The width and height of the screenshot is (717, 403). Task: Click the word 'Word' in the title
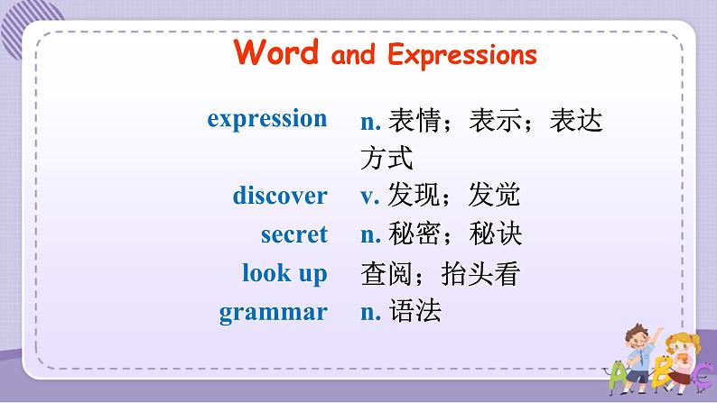275,52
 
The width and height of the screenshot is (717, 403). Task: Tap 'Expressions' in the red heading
461,56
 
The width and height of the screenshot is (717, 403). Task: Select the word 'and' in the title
353,55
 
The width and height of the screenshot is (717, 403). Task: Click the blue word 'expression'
267,120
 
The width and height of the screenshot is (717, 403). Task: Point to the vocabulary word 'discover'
280,196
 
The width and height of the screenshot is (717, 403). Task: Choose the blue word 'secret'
294,234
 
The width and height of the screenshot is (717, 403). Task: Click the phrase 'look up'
284,274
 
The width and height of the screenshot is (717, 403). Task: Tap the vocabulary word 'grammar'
273,313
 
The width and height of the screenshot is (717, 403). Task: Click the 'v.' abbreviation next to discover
370,197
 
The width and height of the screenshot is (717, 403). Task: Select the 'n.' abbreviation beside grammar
371,313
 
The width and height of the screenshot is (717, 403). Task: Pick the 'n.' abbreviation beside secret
371,235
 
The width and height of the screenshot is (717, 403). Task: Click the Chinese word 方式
386,158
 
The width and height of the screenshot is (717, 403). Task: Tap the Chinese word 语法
415,311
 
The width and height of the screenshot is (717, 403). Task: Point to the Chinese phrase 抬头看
480,274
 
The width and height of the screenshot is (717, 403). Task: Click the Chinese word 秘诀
495,234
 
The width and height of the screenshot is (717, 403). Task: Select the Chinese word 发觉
494,195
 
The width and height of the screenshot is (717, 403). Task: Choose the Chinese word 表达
576,121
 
